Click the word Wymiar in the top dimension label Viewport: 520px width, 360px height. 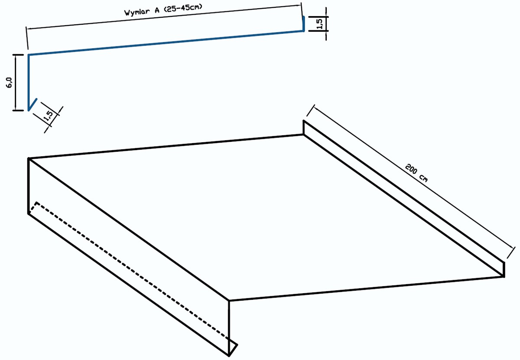click(x=137, y=12)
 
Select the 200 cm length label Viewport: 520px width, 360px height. click(x=416, y=173)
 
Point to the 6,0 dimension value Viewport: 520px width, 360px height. click(x=9, y=83)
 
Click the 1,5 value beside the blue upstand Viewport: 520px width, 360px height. click(x=320, y=24)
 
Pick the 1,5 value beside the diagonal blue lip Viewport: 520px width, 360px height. click(x=49, y=115)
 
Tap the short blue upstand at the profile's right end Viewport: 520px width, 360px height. click(x=304, y=23)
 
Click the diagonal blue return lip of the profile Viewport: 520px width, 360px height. click(x=32, y=105)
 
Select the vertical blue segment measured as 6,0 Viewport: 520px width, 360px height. click(x=29, y=82)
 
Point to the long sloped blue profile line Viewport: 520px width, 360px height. click(x=166, y=43)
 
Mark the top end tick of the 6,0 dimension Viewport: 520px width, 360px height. click(x=18, y=55)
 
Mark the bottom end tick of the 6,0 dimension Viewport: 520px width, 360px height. click(x=18, y=111)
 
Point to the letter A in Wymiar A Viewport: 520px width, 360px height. click(x=157, y=10)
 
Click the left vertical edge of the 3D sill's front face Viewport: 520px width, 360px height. click(x=29, y=186)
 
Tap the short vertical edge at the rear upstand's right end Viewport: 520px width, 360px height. click(x=504, y=269)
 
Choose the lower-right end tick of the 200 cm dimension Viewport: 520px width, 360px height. click(x=511, y=252)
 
